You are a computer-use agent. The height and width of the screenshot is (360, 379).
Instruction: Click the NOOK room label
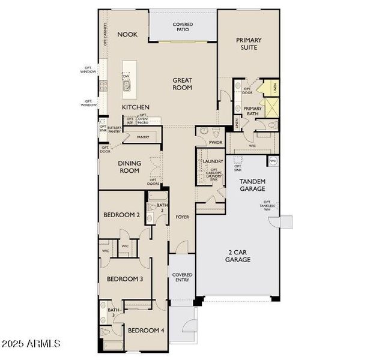[127, 35]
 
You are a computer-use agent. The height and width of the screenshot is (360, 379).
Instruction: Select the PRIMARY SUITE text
[249, 44]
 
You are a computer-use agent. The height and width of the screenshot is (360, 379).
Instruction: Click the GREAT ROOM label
[182, 83]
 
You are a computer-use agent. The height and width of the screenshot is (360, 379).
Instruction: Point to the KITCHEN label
[136, 107]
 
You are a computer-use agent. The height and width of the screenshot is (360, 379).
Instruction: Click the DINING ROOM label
[129, 167]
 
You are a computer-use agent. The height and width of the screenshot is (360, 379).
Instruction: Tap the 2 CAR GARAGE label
[238, 256]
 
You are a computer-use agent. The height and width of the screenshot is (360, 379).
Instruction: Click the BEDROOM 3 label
[125, 279]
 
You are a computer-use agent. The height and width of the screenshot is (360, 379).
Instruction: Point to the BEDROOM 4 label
[145, 331]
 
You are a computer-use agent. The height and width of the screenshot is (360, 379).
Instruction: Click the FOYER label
[182, 217]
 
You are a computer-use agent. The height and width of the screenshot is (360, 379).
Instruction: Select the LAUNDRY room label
[213, 161]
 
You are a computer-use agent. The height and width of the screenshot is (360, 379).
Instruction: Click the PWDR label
[216, 143]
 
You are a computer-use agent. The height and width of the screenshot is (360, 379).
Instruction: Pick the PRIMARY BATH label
[253, 112]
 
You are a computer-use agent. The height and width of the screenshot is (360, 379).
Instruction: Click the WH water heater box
[273, 161]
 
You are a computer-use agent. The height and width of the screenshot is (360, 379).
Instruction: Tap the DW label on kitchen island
[126, 77]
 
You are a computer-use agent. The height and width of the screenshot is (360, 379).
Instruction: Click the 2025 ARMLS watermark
[31, 344]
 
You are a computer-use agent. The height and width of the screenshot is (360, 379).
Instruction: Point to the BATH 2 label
[162, 208]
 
